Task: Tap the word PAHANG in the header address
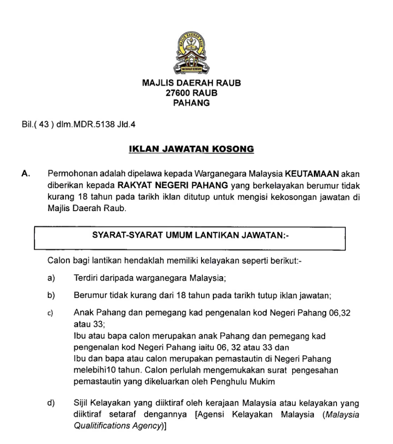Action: pos(191,103)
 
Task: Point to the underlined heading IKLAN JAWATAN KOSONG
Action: pos(192,150)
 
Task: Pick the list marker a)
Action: pos(51,277)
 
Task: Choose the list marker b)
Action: pos(51,296)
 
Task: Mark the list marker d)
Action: pos(51,404)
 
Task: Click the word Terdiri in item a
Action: pos(85,277)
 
